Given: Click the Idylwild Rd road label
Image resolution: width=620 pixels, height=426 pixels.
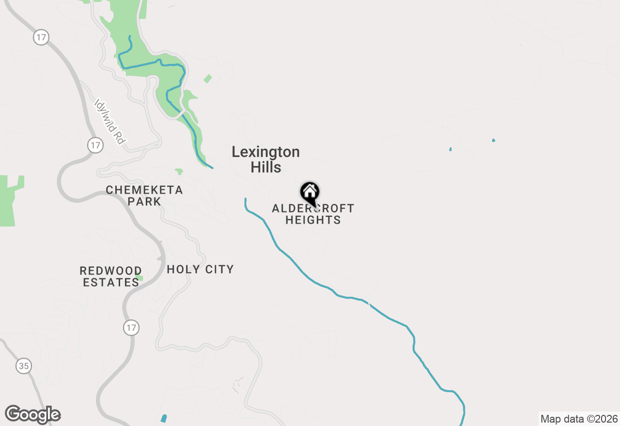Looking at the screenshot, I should click(x=110, y=122).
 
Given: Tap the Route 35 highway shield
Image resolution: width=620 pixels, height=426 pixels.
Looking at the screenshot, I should click(x=24, y=366).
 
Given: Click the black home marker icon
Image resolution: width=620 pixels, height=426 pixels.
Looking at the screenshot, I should click(x=310, y=193).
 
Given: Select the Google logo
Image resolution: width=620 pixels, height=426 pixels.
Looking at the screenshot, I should click(x=33, y=414).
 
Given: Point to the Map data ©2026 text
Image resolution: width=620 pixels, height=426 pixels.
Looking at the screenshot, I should click(x=579, y=419).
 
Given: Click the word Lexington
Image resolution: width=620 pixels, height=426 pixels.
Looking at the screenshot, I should click(x=265, y=152).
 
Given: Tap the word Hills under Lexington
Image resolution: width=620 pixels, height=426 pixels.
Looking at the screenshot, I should click(x=265, y=167).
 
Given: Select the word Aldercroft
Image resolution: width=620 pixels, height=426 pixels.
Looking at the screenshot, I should click(x=313, y=209).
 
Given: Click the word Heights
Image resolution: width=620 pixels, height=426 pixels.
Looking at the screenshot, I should click(x=313, y=220).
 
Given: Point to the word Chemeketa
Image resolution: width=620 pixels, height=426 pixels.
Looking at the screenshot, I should click(x=144, y=190).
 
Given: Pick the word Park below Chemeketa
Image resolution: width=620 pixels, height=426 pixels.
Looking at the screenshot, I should click(x=144, y=201).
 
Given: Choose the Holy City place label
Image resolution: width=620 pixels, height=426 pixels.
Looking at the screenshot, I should click(x=200, y=270).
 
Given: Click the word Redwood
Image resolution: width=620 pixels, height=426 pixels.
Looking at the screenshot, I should click(x=111, y=271).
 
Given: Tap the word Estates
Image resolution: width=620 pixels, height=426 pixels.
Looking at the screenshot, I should click(x=111, y=282).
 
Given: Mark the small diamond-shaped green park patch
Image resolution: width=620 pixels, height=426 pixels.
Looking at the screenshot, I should click(x=208, y=78).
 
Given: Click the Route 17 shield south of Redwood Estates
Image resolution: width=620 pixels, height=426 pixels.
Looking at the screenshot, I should click(x=131, y=328).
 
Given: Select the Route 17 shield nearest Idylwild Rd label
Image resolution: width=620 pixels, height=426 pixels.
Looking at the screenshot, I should click(x=95, y=145).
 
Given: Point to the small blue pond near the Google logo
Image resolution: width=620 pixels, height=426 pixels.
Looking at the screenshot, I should click(x=164, y=418).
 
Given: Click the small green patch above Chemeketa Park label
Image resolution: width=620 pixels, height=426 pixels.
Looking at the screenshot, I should click(x=179, y=171).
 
